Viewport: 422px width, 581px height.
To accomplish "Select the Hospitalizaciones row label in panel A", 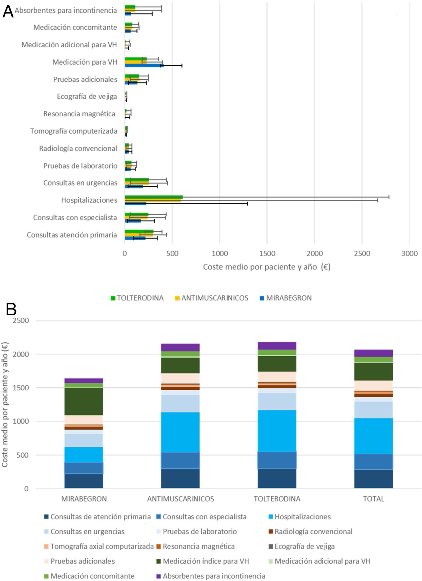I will click(x=89, y=200).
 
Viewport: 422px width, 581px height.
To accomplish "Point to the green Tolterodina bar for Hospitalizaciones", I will click(x=153, y=197).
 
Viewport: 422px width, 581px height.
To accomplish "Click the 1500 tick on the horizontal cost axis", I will click(x=267, y=253).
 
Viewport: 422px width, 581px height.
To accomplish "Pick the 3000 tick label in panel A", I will click(x=409, y=253).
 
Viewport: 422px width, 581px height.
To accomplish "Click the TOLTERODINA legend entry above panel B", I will click(x=137, y=298).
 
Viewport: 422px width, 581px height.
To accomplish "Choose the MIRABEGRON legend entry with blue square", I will click(x=286, y=298).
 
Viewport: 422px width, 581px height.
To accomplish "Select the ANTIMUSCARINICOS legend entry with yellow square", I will click(x=212, y=298).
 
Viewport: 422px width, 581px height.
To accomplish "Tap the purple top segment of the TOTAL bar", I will click(x=373, y=353).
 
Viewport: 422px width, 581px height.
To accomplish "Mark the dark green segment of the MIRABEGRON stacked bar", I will click(x=84, y=401).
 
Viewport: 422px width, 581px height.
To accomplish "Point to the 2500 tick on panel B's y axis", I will click(x=21, y=320).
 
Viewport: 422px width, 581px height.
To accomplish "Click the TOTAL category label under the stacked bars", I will click(x=373, y=499).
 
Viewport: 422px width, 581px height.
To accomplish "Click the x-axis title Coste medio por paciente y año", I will click(x=267, y=267).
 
